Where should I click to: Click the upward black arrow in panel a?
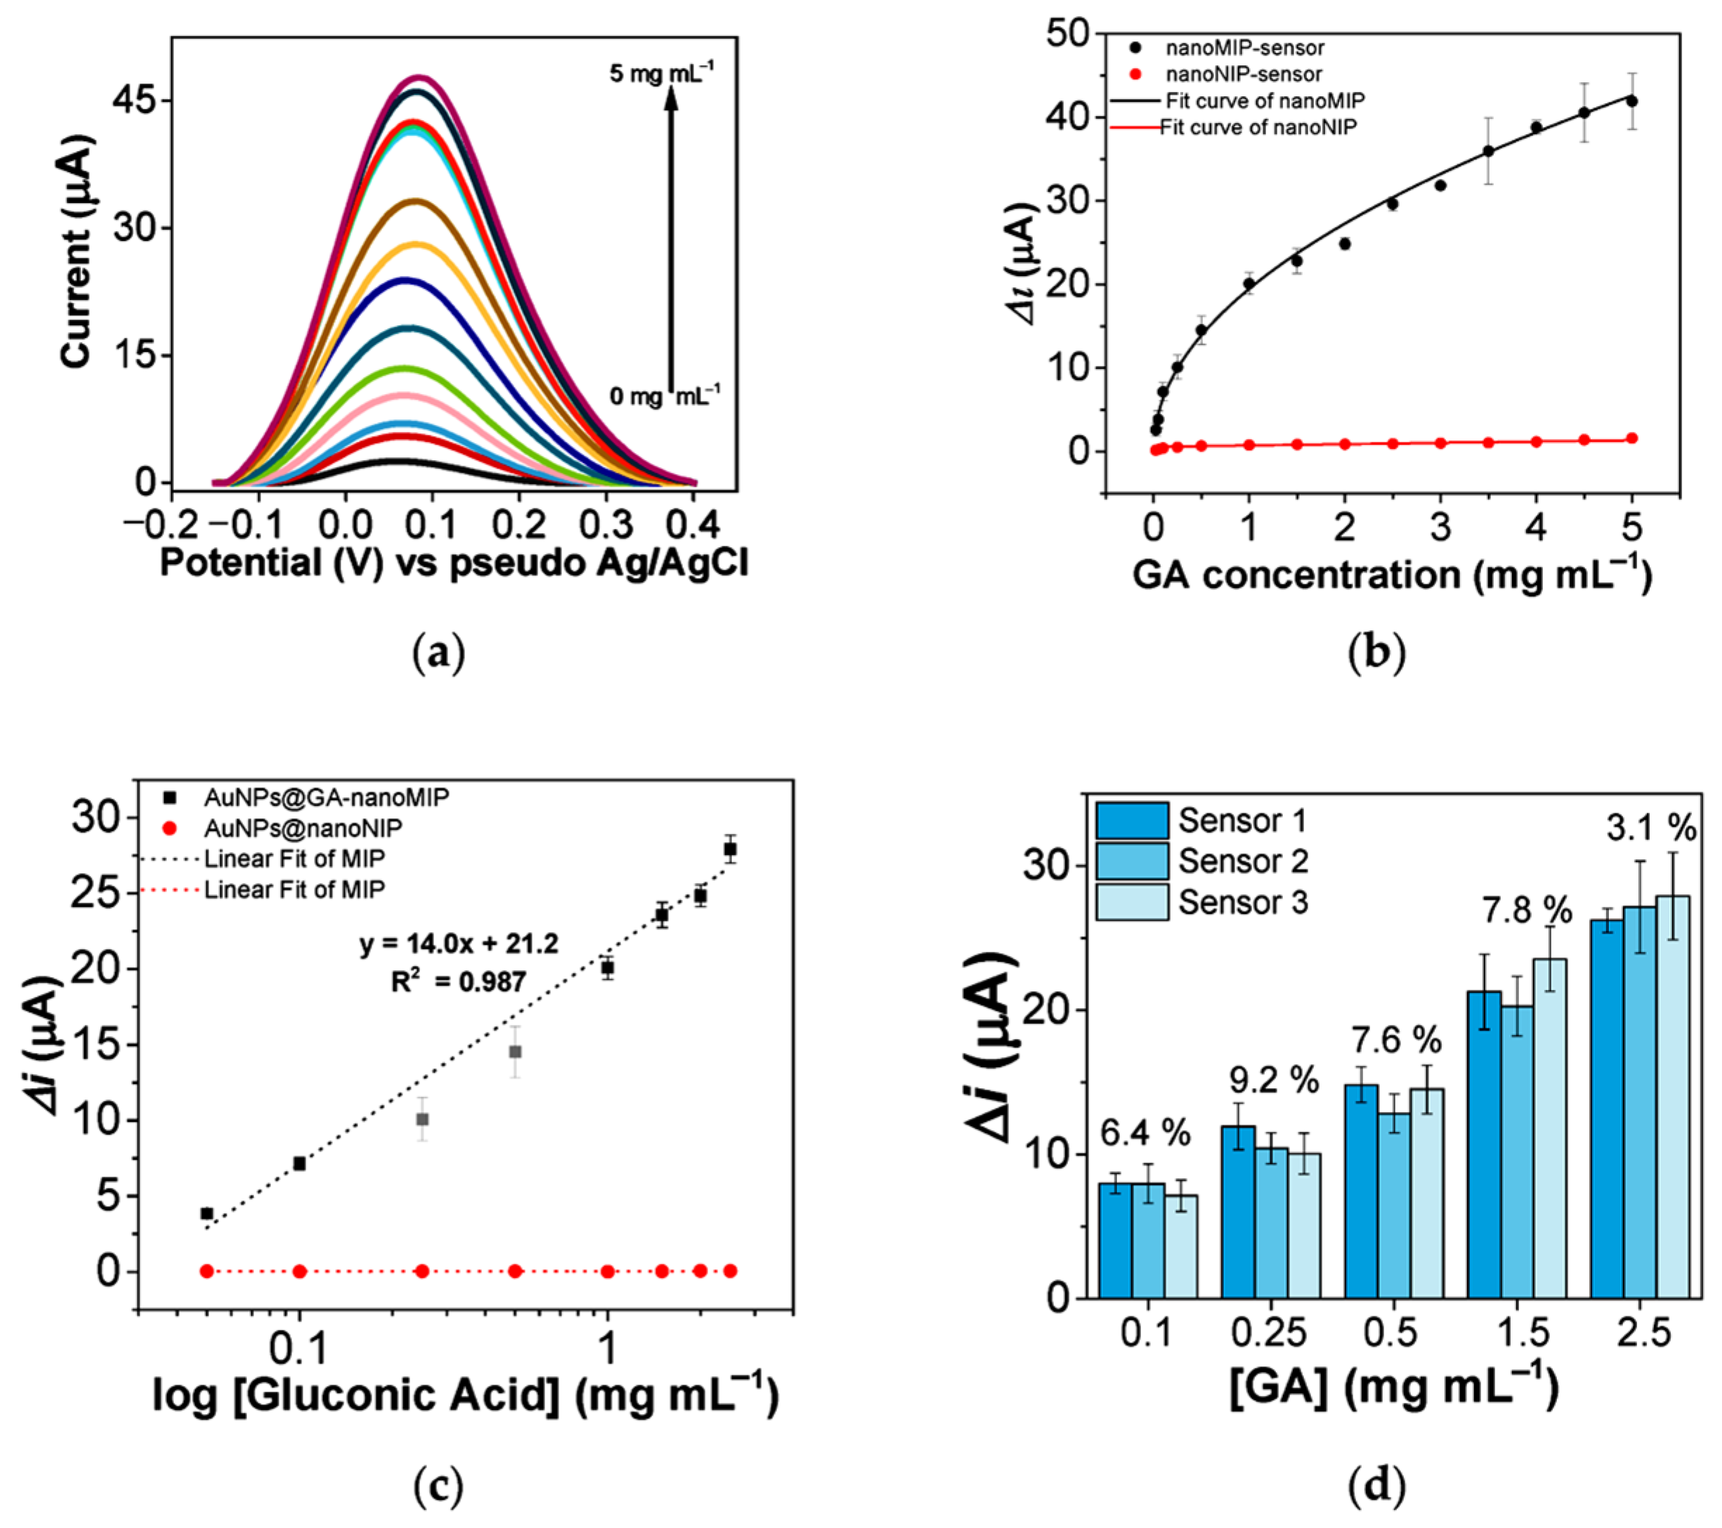tap(672, 236)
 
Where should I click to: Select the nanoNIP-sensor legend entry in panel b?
tap(1243, 74)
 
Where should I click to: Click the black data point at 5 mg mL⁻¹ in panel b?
tap(1632, 101)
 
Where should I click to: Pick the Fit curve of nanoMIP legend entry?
tap(1264, 100)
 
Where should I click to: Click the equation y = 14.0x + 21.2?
tap(459, 944)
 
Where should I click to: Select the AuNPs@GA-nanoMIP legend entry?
tap(326, 797)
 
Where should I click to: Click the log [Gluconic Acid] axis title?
tap(465, 1418)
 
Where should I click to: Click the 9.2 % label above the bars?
tap(1270, 1080)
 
